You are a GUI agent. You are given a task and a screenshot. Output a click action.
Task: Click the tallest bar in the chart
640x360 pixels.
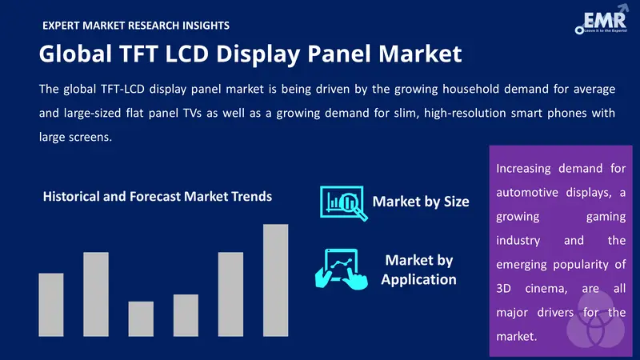[x=275, y=280]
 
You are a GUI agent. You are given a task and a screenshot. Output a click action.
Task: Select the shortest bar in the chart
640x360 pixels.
[x=141, y=318]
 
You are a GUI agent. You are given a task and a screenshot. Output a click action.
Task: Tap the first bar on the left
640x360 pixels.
[x=51, y=304]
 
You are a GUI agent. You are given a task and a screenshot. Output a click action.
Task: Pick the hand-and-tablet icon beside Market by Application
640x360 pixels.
[x=340, y=268]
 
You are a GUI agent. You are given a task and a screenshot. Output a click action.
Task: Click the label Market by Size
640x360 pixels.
[x=420, y=201]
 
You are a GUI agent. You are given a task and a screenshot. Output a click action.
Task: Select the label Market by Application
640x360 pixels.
[x=419, y=270]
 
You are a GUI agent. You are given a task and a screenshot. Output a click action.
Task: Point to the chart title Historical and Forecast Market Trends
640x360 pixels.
[x=158, y=196]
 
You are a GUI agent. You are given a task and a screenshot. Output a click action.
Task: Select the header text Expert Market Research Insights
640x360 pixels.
[x=135, y=26]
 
